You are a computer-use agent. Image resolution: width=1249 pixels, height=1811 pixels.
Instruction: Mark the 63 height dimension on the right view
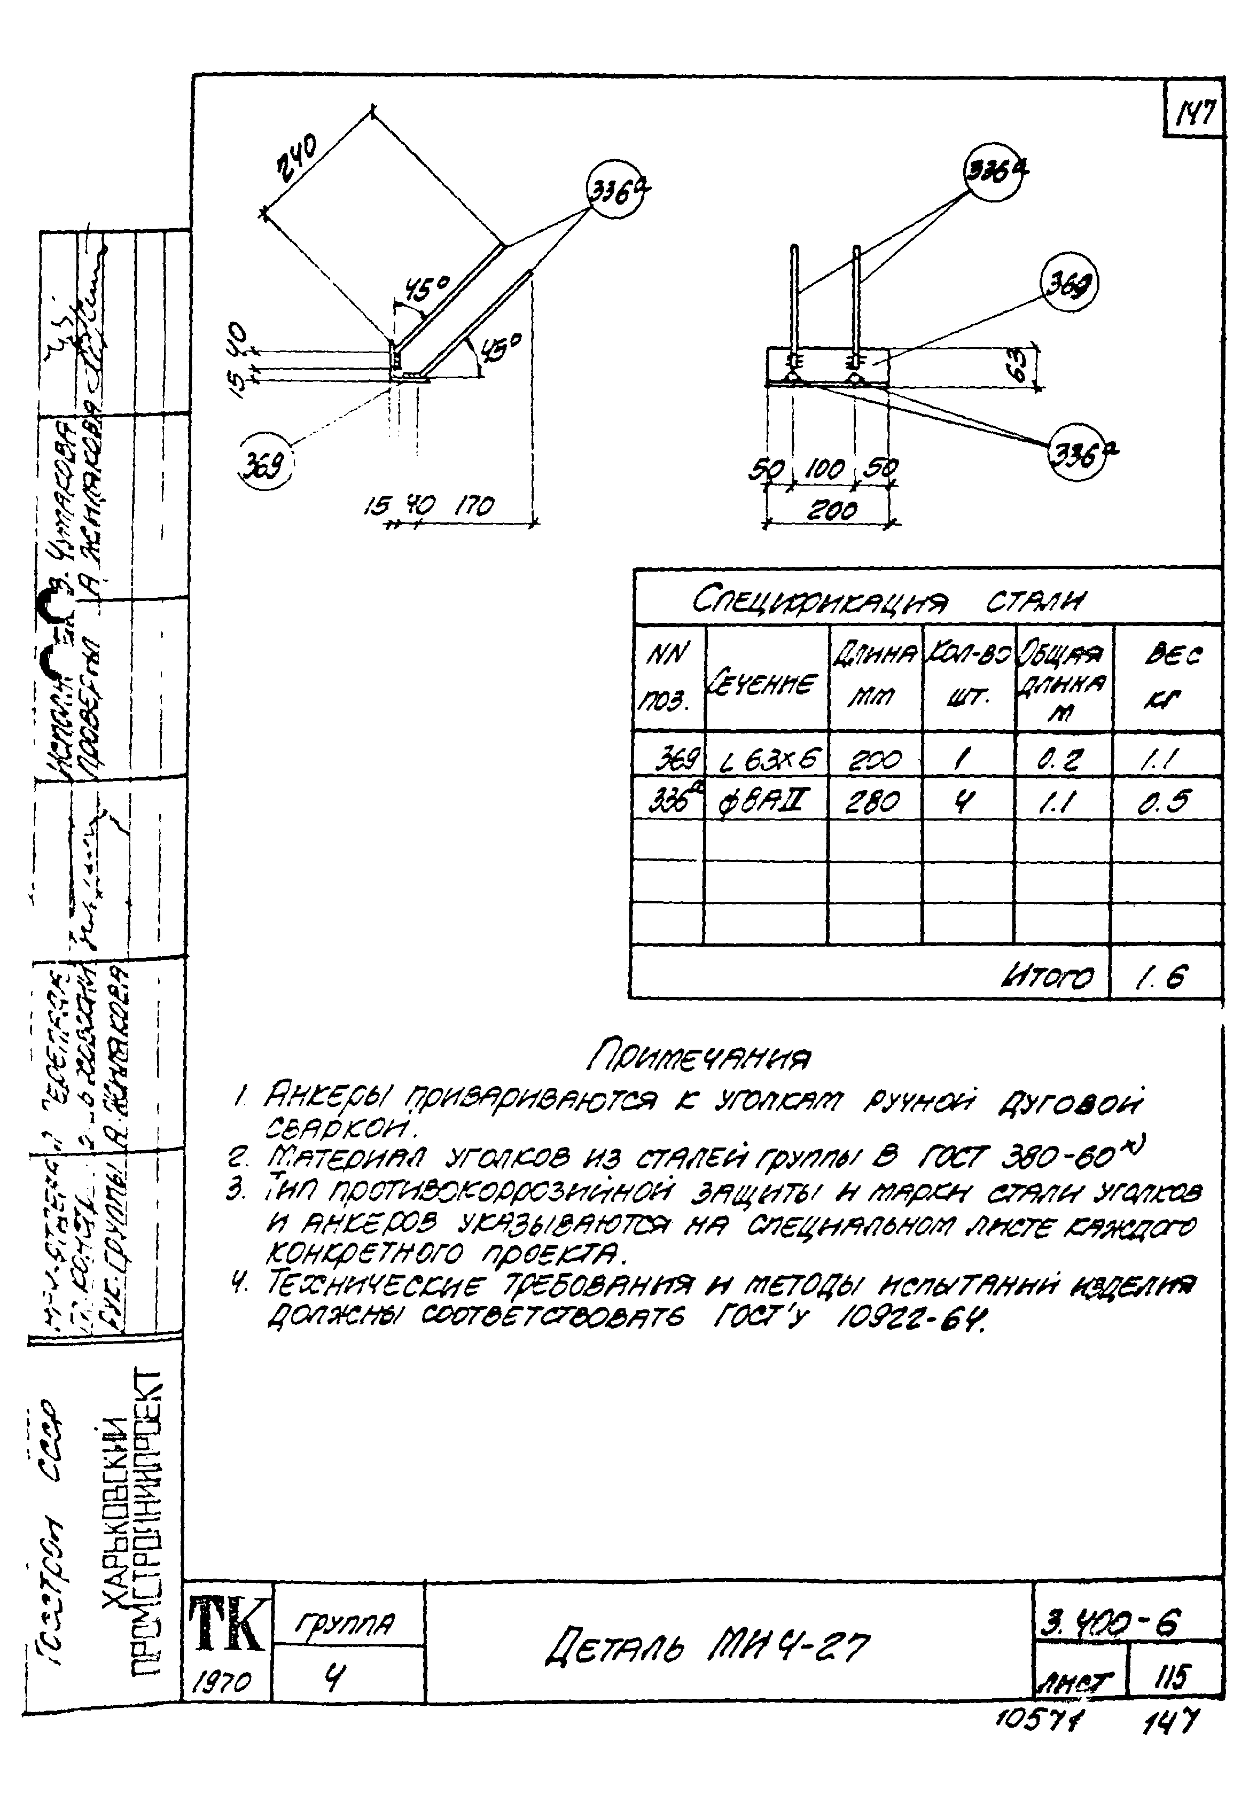tap(1015, 365)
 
